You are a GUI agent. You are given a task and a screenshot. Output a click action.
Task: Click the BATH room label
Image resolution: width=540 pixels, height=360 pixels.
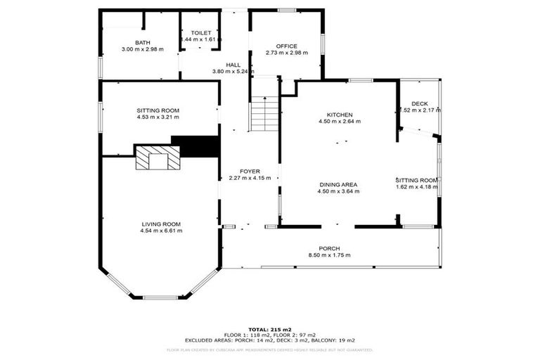(x=143, y=43)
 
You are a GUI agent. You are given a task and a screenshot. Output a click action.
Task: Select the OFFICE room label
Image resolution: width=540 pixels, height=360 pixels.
(x=286, y=46)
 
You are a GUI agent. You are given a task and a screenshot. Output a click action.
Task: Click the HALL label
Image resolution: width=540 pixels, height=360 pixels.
(x=223, y=65)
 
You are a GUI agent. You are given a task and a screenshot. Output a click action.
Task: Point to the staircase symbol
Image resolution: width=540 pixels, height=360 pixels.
(x=264, y=114)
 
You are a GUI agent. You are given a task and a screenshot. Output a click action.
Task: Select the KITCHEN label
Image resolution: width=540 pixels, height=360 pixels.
(x=339, y=115)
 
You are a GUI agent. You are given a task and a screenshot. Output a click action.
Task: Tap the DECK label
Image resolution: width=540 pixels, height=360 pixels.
(x=419, y=103)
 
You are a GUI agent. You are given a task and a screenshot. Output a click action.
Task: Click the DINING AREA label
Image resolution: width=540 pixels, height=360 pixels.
(x=337, y=185)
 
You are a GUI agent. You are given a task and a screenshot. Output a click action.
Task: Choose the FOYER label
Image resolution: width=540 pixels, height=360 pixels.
(x=250, y=171)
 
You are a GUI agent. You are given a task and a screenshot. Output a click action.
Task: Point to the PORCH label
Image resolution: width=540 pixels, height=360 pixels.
(x=329, y=248)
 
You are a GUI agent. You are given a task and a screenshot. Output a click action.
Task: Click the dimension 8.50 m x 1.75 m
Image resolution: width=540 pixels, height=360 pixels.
(x=329, y=255)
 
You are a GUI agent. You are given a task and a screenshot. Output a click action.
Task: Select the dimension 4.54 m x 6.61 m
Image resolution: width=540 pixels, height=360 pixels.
(x=161, y=231)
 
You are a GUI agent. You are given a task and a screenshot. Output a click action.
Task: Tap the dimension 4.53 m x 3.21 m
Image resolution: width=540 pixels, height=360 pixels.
(x=158, y=117)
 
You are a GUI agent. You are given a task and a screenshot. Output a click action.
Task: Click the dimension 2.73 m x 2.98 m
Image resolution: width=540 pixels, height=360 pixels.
(x=286, y=53)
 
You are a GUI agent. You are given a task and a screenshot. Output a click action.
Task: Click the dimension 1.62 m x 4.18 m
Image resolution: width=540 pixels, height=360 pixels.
(x=417, y=187)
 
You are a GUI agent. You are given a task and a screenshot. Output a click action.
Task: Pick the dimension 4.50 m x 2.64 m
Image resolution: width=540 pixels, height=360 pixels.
(x=339, y=121)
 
